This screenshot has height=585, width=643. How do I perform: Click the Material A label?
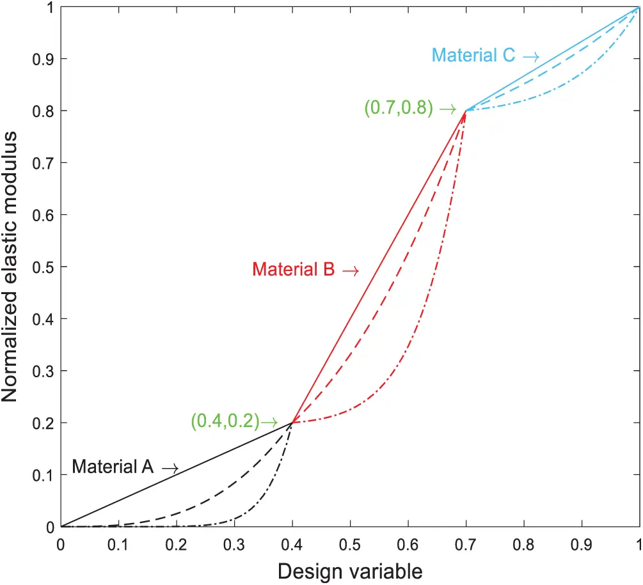(x=113, y=467)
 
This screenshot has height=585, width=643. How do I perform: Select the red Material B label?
(x=294, y=270)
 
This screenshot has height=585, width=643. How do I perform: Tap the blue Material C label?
(x=473, y=56)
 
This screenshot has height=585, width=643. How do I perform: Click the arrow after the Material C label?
(x=530, y=57)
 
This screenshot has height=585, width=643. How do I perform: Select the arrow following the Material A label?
(x=170, y=469)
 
